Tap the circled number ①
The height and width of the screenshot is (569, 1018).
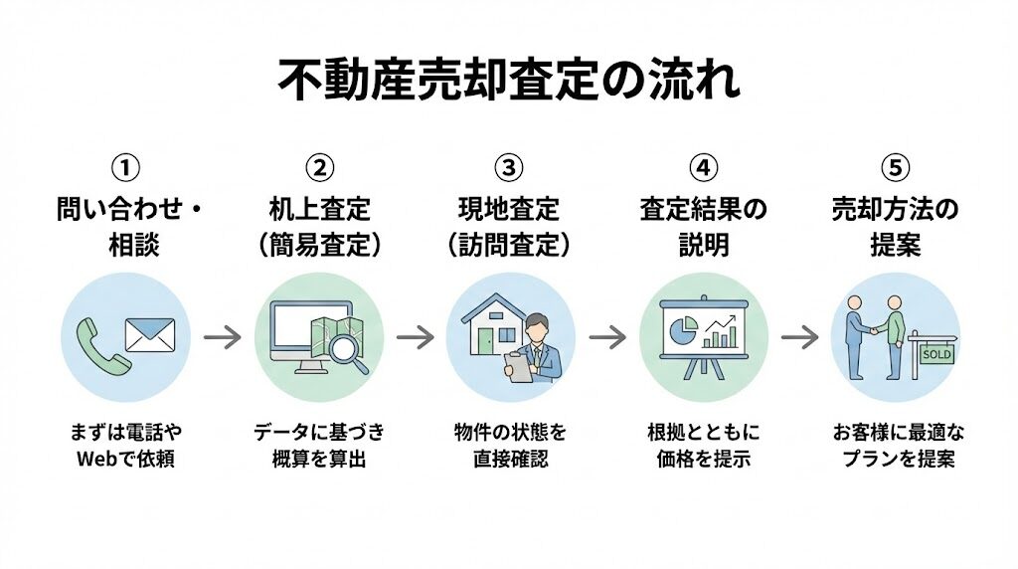coord(125,166)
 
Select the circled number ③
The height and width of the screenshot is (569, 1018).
coord(509,166)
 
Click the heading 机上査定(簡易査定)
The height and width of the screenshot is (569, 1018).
coord(318,227)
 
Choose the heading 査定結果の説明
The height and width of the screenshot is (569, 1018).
coord(702,227)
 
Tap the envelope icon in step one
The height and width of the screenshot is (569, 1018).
coord(150,334)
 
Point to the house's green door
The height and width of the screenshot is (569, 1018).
coord(485,342)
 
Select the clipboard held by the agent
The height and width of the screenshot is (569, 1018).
coord(517,367)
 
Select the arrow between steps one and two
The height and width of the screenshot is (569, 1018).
coord(223,337)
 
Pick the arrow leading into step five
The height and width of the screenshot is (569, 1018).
coord(799,337)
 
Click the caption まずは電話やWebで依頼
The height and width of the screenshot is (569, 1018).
coord(125,446)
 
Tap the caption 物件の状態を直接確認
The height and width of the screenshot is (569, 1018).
coord(509,446)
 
